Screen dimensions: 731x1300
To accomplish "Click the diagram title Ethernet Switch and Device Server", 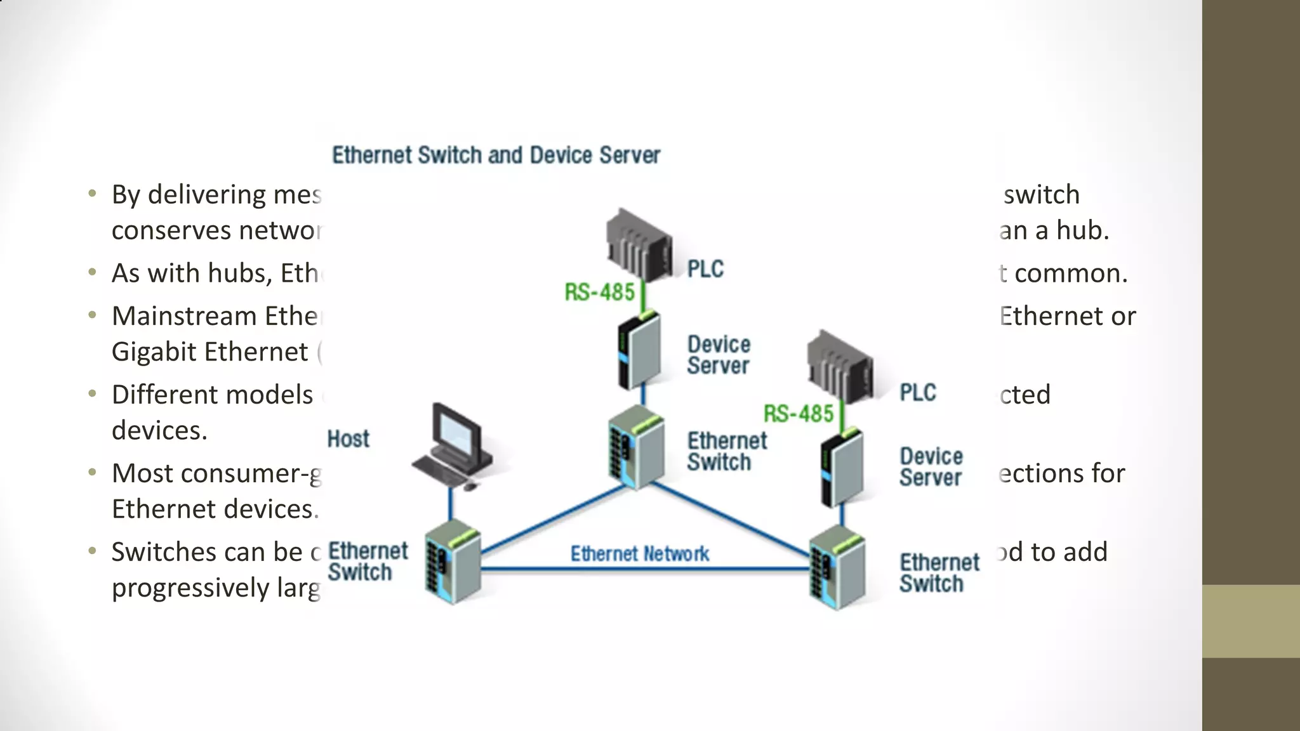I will [496, 155].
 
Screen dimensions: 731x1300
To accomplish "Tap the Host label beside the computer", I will [348, 439].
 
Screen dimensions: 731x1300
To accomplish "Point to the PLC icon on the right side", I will [840, 367].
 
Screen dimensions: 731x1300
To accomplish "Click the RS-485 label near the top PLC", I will [599, 293].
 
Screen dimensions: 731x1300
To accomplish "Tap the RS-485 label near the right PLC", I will [798, 414].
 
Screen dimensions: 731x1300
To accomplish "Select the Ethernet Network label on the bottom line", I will [639, 554].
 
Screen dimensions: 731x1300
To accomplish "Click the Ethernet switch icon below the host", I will [452, 562].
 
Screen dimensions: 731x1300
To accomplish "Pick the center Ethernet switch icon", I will [636, 447].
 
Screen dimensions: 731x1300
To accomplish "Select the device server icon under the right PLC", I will [841, 468].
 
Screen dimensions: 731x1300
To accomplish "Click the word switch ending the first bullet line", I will [1041, 195].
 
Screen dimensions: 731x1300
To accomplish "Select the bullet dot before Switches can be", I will [93, 551].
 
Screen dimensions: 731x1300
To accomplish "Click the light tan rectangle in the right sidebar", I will [1250, 621].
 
